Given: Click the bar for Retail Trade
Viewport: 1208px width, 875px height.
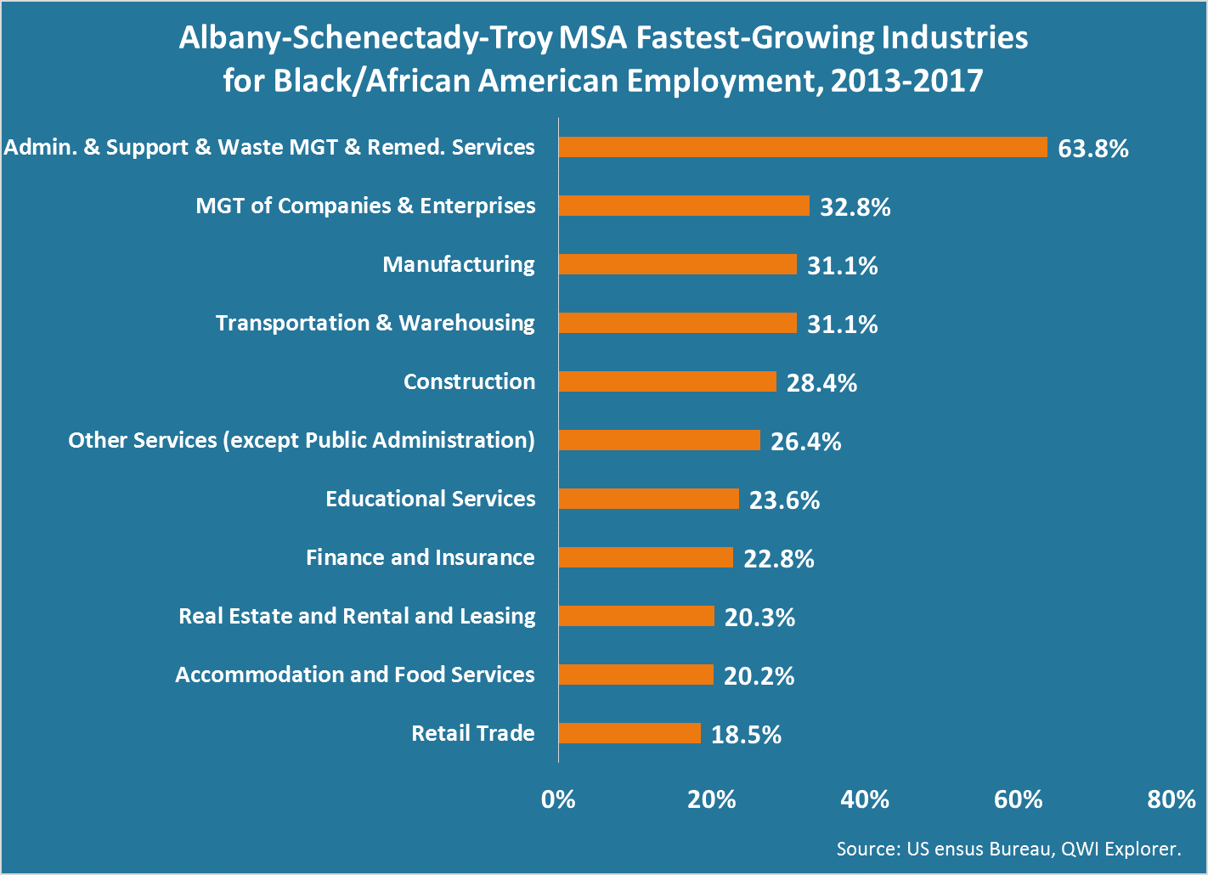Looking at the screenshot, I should (629, 733).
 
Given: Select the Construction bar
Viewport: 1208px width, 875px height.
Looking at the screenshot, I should (667, 381).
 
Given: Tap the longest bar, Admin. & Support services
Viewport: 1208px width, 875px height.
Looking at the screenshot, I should (803, 147).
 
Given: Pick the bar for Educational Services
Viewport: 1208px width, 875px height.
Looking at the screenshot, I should (648, 499).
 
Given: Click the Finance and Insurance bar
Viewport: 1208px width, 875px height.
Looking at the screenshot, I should (646, 557).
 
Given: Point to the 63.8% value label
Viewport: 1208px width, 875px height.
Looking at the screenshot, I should (1093, 149).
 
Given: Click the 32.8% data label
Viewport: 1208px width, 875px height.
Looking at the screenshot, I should (855, 207).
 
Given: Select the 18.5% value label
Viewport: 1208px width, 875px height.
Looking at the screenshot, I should (746, 735).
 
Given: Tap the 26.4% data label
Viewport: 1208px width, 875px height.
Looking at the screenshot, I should (805, 442).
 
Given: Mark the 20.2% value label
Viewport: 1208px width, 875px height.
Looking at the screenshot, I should (759, 676).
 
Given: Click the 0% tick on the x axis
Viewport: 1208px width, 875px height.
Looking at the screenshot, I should (558, 799).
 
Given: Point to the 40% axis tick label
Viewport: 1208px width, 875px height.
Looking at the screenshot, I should (865, 799).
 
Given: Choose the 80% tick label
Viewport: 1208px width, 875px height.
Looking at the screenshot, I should (1171, 799).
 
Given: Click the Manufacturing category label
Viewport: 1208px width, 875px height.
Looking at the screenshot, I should (459, 264).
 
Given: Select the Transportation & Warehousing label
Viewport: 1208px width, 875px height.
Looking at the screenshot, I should (375, 323).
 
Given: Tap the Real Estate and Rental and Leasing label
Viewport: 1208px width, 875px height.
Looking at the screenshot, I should (357, 616).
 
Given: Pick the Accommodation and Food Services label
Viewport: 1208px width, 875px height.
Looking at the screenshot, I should (355, 675).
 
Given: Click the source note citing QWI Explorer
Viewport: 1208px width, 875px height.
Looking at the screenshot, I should (1008, 849).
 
